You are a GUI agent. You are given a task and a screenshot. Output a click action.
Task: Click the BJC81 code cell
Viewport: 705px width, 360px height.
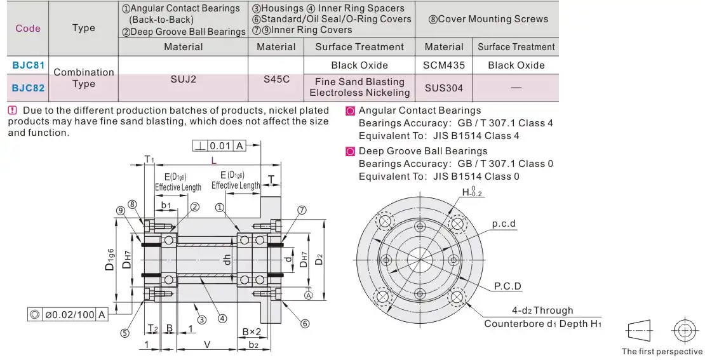[x=29, y=65]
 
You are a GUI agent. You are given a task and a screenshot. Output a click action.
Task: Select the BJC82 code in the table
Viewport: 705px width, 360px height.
[x=29, y=88]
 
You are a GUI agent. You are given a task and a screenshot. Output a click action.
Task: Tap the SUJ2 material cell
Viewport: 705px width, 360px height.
[x=184, y=79]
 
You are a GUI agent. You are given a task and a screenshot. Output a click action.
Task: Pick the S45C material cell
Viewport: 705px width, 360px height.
[x=276, y=79]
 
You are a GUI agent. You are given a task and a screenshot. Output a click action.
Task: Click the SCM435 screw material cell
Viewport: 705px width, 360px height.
[x=444, y=65]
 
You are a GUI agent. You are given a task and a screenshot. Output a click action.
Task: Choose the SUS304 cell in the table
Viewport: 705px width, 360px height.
[x=444, y=88]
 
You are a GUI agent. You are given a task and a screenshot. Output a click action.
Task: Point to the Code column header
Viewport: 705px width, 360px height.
[x=28, y=29]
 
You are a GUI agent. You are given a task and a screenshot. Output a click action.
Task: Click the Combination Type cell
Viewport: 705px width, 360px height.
[x=84, y=78]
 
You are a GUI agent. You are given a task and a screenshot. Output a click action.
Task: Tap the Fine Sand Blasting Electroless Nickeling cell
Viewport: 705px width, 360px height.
[x=359, y=87]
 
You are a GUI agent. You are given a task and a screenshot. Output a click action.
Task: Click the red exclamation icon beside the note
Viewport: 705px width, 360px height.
[x=13, y=110]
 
